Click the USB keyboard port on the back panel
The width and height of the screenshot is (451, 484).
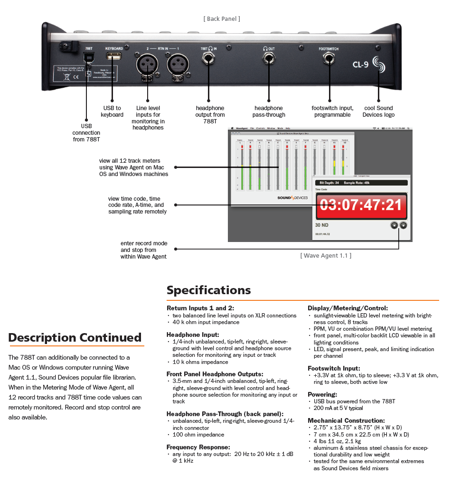113,57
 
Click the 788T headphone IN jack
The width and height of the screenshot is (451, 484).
209,59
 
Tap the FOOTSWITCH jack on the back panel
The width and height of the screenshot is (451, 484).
329,59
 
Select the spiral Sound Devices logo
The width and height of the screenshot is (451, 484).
379,64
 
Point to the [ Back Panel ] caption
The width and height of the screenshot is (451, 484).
222,19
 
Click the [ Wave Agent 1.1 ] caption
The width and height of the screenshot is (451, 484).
326,255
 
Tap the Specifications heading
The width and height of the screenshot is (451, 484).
208,290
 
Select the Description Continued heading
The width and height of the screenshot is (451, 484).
75,338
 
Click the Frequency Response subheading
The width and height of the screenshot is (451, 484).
198,447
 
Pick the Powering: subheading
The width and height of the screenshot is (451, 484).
322,394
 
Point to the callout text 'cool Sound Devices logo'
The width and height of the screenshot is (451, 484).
378,112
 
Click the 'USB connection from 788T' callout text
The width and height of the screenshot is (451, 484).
86,133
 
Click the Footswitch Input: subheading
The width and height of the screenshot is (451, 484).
334,368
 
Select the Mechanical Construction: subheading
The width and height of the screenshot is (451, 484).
346,420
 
